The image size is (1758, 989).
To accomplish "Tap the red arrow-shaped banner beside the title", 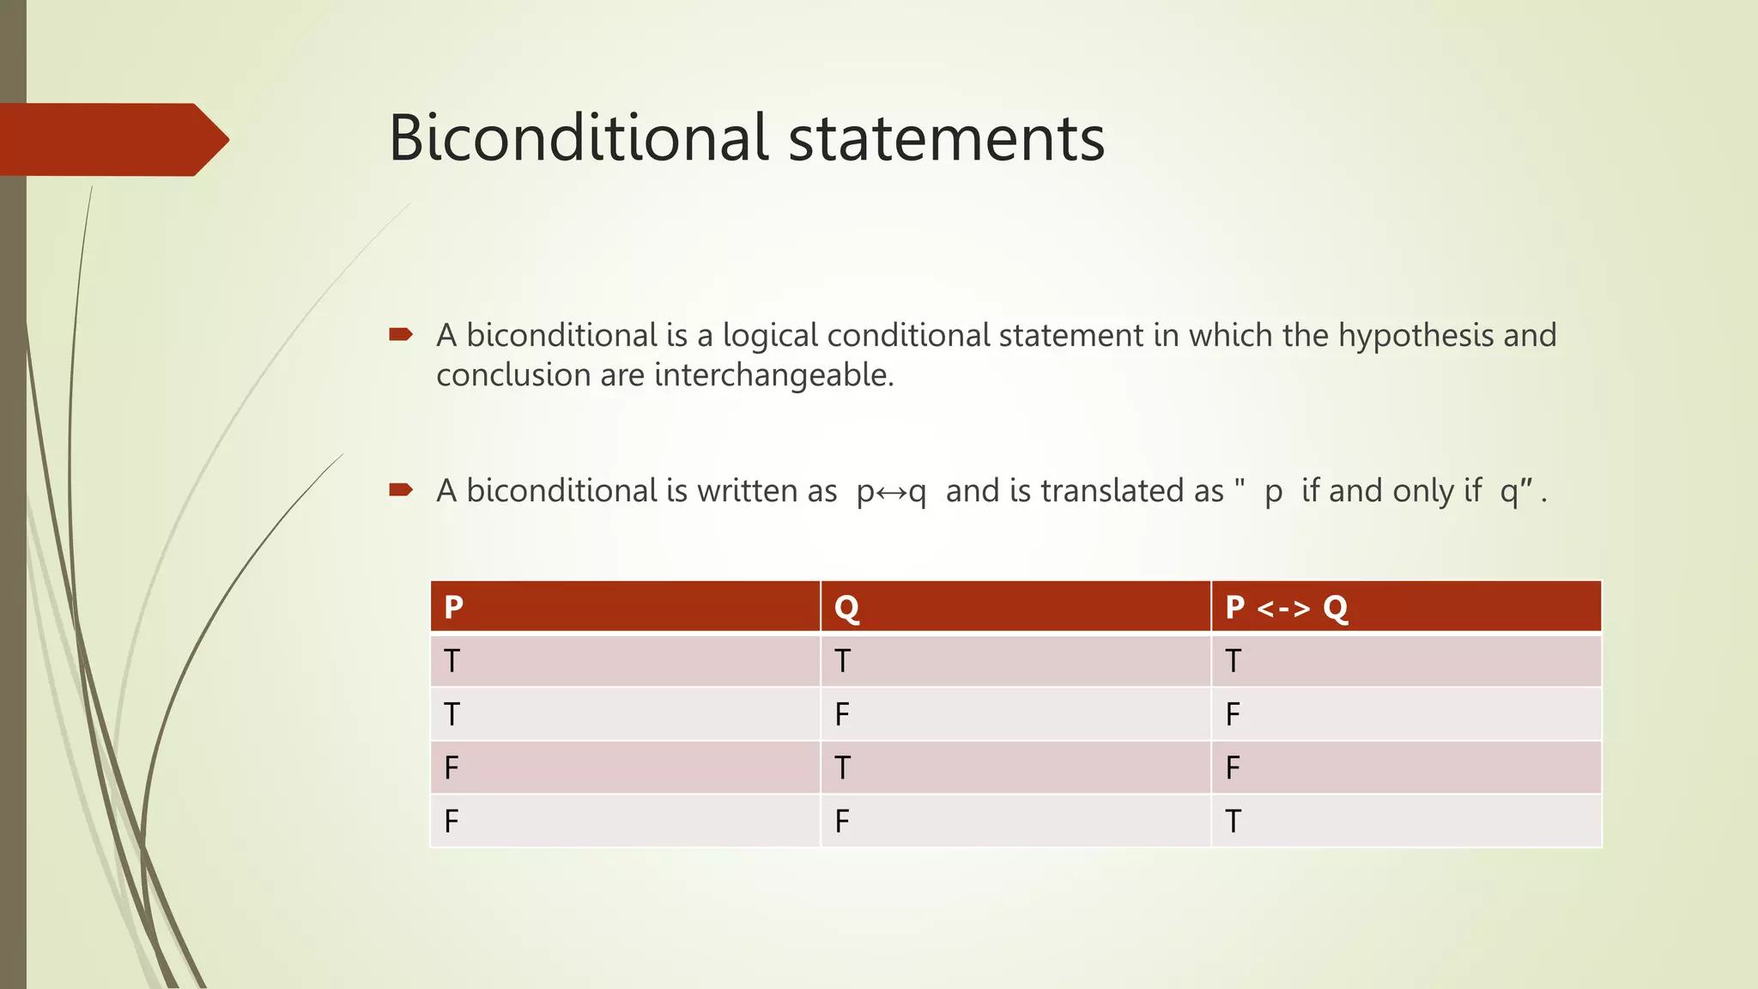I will (112, 139).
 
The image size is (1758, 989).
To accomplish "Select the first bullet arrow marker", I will (401, 334).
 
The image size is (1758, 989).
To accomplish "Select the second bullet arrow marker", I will (401, 490).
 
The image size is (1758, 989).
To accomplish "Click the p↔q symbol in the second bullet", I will (891, 492).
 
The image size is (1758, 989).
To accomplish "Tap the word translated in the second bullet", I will (1132, 491).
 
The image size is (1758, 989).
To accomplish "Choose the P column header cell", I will (625, 607).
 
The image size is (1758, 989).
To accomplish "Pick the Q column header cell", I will (1015, 607).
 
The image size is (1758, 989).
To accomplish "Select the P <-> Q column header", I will (1405, 607).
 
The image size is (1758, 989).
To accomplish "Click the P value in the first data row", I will (452, 661).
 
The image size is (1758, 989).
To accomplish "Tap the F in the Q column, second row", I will (842, 714).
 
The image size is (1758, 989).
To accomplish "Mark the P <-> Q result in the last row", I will (1233, 822).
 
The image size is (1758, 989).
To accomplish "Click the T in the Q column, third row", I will (842, 768).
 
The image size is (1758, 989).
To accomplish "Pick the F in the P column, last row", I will (452, 822).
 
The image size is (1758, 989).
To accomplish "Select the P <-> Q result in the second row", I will (1233, 714).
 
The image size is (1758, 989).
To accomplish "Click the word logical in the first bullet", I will (770, 336).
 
